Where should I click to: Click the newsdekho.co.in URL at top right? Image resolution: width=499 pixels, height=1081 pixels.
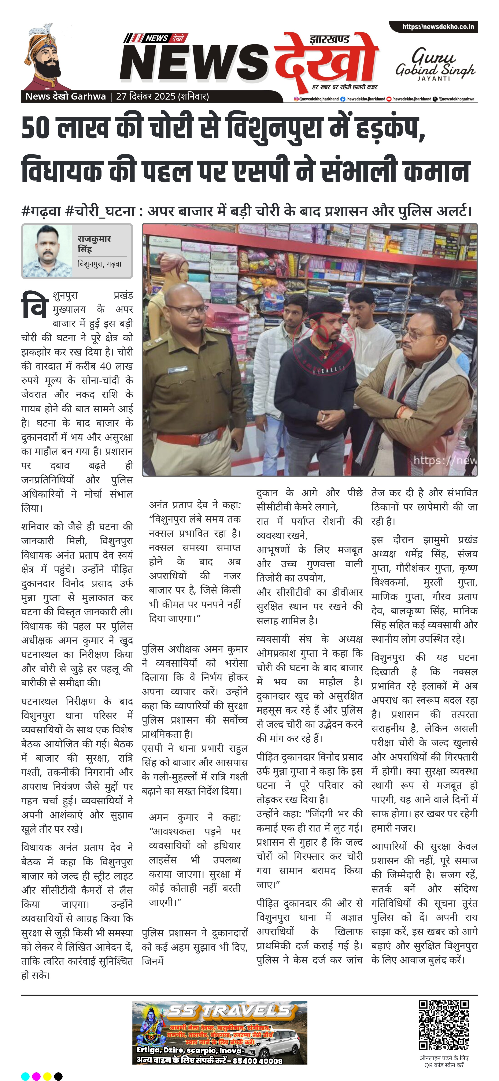pos(438,27)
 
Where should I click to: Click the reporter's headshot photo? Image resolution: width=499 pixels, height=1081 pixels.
pos(47,251)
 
